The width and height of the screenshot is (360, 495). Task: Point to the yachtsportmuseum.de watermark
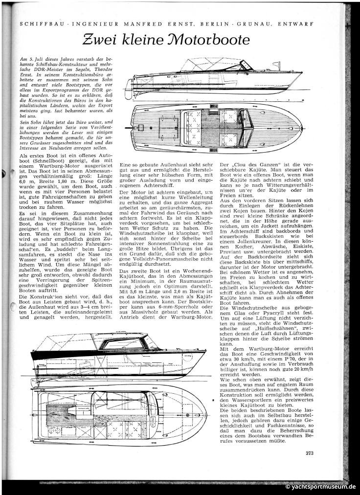click(321, 487)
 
